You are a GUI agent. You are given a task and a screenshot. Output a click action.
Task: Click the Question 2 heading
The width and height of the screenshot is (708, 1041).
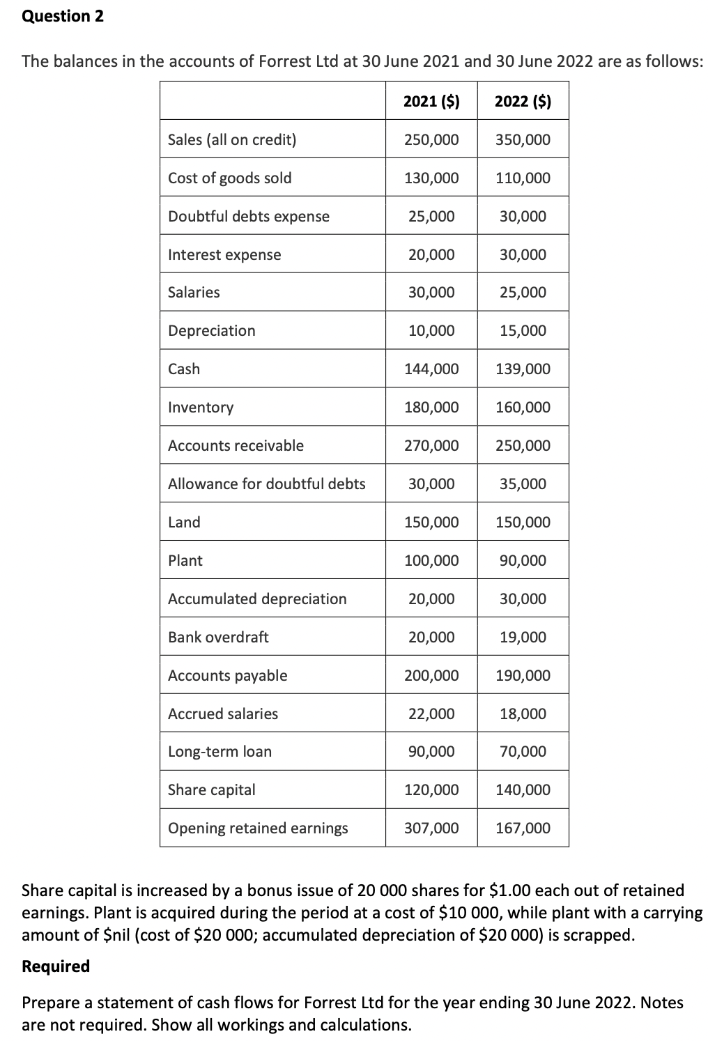tap(63, 17)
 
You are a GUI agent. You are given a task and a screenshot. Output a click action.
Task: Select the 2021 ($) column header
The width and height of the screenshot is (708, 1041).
tap(431, 102)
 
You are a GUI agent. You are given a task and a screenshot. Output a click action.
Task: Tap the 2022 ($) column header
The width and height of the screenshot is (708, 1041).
tap(523, 102)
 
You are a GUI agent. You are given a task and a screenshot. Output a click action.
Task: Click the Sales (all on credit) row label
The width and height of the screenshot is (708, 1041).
tap(232, 140)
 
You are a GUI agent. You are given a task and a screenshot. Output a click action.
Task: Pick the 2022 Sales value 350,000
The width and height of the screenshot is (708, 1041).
tap(523, 140)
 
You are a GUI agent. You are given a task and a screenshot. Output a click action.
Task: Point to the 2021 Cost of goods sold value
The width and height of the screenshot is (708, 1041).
tap(431, 178)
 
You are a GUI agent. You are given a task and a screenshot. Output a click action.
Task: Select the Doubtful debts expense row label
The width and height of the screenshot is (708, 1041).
tap(249, 217)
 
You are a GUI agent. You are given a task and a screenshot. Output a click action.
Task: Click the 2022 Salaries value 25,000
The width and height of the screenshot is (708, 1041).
tap(523, 293)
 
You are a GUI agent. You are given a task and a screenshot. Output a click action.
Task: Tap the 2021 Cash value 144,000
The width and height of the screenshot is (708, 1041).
tap(431, 369)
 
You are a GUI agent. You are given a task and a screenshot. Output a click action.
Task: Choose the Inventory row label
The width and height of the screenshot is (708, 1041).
tap(201, 408)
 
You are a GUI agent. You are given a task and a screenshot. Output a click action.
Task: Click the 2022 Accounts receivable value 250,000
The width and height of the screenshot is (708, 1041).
tap(523, 446)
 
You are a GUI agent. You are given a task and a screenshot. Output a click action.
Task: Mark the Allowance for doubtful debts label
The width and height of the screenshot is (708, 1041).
tap(266, 484)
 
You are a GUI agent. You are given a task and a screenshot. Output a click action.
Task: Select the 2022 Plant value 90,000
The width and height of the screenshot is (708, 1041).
tap(523, 561)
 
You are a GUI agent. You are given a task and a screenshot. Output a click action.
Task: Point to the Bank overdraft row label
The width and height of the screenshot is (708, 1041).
tap(218, 638)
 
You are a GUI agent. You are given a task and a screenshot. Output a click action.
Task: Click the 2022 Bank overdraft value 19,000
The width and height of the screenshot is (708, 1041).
tap(523, 638)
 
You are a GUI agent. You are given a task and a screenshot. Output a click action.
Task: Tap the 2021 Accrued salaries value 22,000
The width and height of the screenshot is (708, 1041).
tap(431, 714)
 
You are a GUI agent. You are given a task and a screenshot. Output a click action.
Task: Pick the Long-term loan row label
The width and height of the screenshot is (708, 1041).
tap(220, 752)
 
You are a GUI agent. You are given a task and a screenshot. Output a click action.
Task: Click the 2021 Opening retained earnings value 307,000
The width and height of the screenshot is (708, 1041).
tap(431, 828)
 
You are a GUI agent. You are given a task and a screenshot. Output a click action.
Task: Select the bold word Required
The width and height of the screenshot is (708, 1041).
tap(56, 966)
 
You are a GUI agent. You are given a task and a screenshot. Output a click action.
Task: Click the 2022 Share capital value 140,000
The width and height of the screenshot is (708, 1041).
tap(523, 790)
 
